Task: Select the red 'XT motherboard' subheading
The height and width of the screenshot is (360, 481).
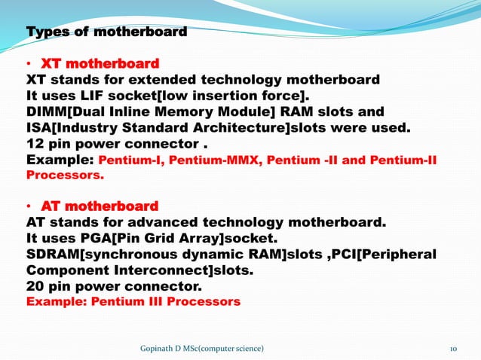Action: coord(100,63)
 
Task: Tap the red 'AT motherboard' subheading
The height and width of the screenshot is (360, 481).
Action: coord(100,206)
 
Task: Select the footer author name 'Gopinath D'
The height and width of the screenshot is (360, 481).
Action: coord(161,347)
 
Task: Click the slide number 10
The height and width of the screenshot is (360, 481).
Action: coord(454,347)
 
